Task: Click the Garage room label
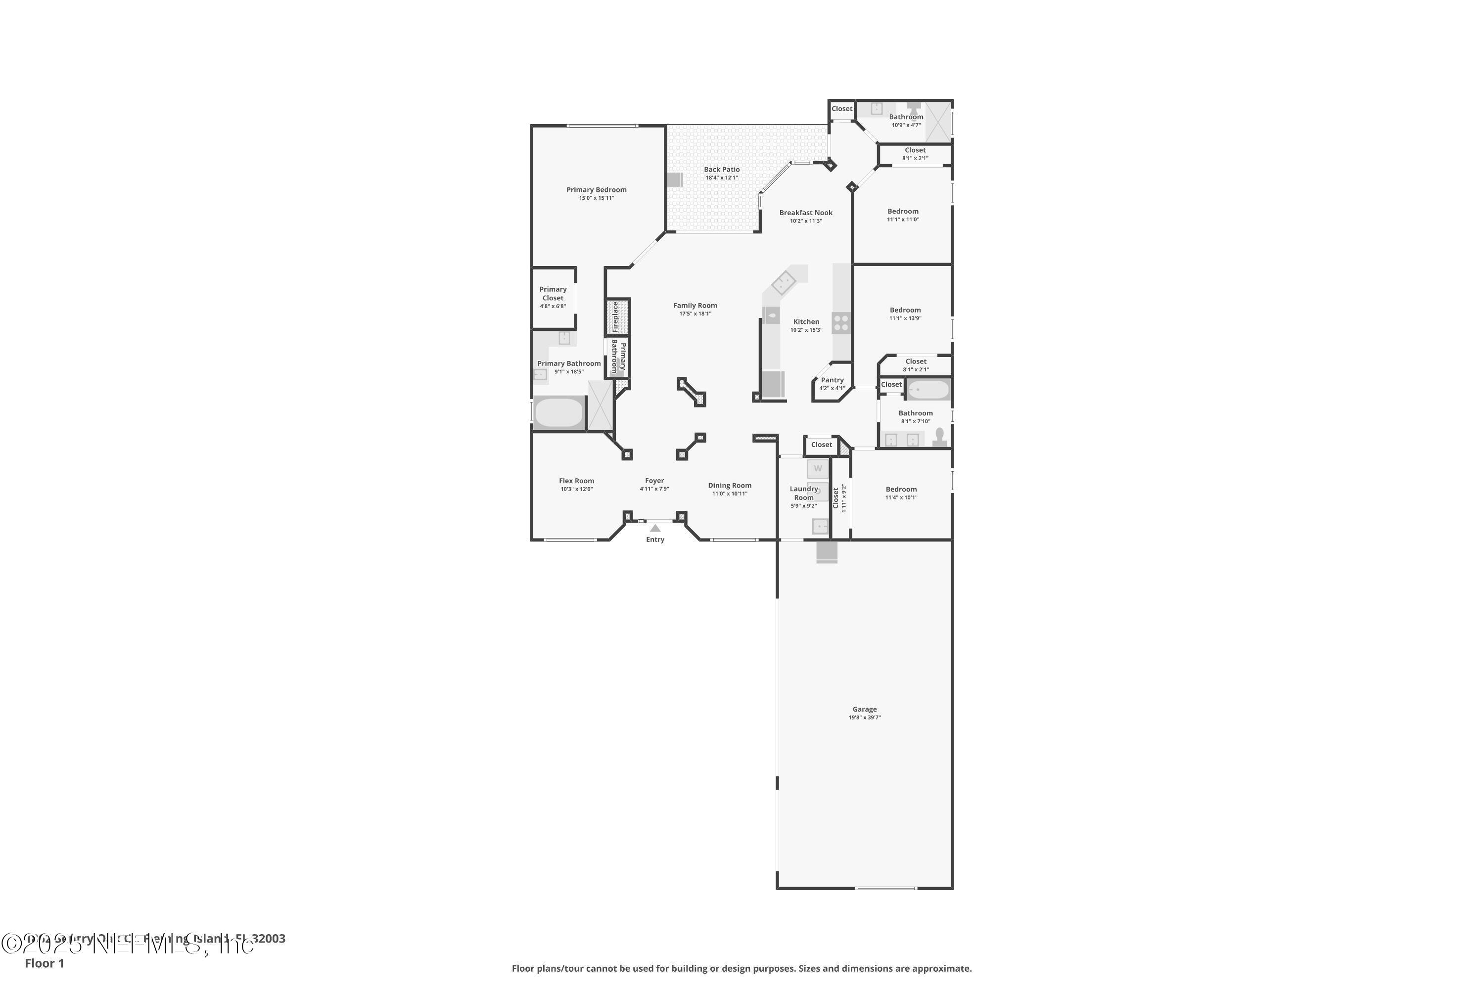click(x=864, y=709)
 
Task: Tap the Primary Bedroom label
click(x=596, y=190)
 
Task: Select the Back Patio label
click(x=722, y=170)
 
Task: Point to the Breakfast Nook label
click(x=806, y=213)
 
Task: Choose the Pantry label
click(x=832, y=380)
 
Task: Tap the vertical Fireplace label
click(x=616, y=316)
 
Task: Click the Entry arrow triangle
click(x=655, y=528)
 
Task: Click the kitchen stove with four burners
click(x=841, y=323)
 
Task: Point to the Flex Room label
click(x=577, y=481)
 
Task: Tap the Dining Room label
click(x=729, y=486)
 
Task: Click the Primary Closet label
click(x=553, y=294)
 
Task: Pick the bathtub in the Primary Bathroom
click(x=559, y=412)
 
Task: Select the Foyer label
click(x=654, y=481)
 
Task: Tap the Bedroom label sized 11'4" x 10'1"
click(x=901, y=490)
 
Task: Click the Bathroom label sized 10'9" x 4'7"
click(x=906, y=117)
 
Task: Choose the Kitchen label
click(x=806, y=322)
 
